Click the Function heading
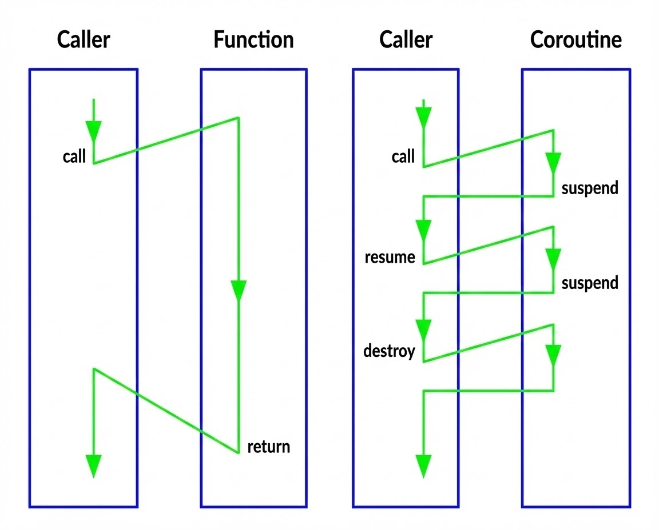coord(253,41)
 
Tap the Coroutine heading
coord(575,41)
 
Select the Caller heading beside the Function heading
coord(84,41)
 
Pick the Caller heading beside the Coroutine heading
coord(406,41)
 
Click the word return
coord(268,447)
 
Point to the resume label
coord(390,258)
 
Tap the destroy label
coord(389,350)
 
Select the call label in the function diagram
coord(74,156)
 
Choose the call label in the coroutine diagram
coord(403,157)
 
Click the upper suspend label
coord(590,188)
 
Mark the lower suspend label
coord(590,283)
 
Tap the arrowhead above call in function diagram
coord(93,131)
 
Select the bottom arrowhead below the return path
coord(93,465)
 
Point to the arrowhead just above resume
coord(423,231)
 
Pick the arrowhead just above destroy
coord(423,330)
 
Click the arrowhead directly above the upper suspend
coord(553,163)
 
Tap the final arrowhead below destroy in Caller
coord(423,465)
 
